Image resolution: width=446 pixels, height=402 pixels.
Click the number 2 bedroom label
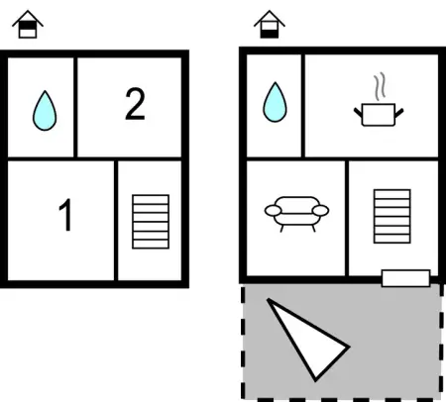(x=135, y=104)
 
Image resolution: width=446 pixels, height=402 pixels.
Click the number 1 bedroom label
(x=65, y=215)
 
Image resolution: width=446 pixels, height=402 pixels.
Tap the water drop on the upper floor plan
(x=45, y=110)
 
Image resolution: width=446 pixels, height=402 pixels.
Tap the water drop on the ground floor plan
(x=275, y=102)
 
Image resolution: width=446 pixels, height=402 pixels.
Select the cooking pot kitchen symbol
(x=379, y=115)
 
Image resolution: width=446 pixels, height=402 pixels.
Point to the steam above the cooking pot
(x=380, y=86)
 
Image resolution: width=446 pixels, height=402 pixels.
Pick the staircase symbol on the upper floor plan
(x=151, y=222)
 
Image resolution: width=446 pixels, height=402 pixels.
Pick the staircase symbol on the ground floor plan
(x=392, y=216)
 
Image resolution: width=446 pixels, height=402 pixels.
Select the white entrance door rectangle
(x=406, y=278)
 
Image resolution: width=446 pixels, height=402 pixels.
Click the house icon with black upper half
(x=28, y=24)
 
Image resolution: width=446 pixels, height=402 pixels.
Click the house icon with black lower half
(x=270, y=24)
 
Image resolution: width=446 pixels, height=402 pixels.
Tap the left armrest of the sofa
(x=274, y=210)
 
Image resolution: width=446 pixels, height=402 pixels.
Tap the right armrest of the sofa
(x=320, y=210)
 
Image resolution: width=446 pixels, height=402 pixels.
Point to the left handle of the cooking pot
(x=358, y=112)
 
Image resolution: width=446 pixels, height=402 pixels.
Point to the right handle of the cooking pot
(x=399, y=113)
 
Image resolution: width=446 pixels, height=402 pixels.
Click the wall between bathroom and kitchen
(x=302, y=106)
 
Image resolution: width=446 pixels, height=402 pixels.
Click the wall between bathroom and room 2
(x=75, y=107)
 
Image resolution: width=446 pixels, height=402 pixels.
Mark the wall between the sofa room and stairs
(x=347, y=219)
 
